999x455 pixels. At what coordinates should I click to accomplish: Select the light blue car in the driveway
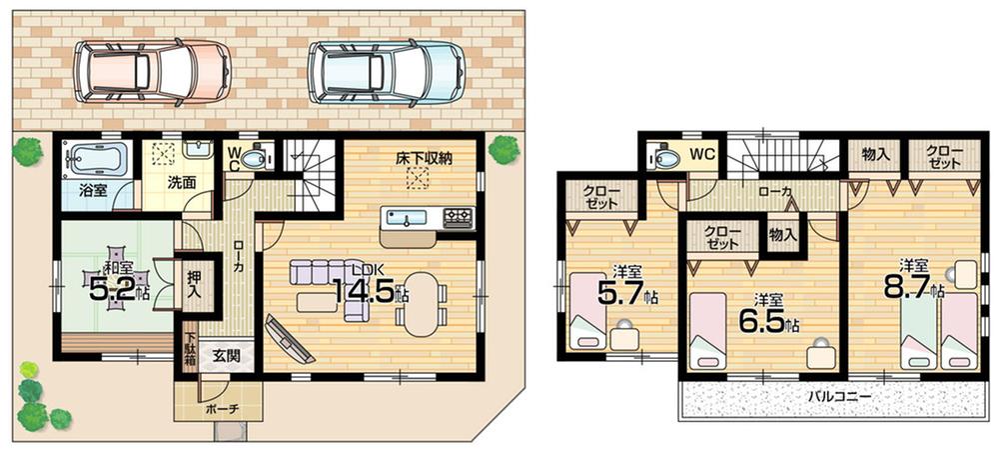tap(386, 72)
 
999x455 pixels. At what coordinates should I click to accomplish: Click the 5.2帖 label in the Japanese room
tap(120, 290)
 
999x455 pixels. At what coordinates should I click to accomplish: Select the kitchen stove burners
tap(459, 216)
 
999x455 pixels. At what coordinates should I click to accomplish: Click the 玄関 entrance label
tap(223, 355)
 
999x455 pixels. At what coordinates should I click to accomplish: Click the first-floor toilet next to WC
tap(258, 158)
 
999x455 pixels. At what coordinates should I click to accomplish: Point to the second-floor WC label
tap(702, 154)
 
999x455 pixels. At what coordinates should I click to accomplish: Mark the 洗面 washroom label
tap(181, 184)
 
